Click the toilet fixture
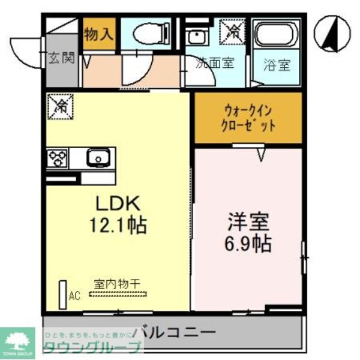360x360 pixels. click(x=149, y=34)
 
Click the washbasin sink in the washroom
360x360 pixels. click(x=194, y=35)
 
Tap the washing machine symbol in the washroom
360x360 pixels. click(x=231, y=31)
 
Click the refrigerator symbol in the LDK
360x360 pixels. click(x=61, y=106)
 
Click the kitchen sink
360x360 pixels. click(x=96, y=158)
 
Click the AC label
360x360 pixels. click(x=74, y=295)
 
